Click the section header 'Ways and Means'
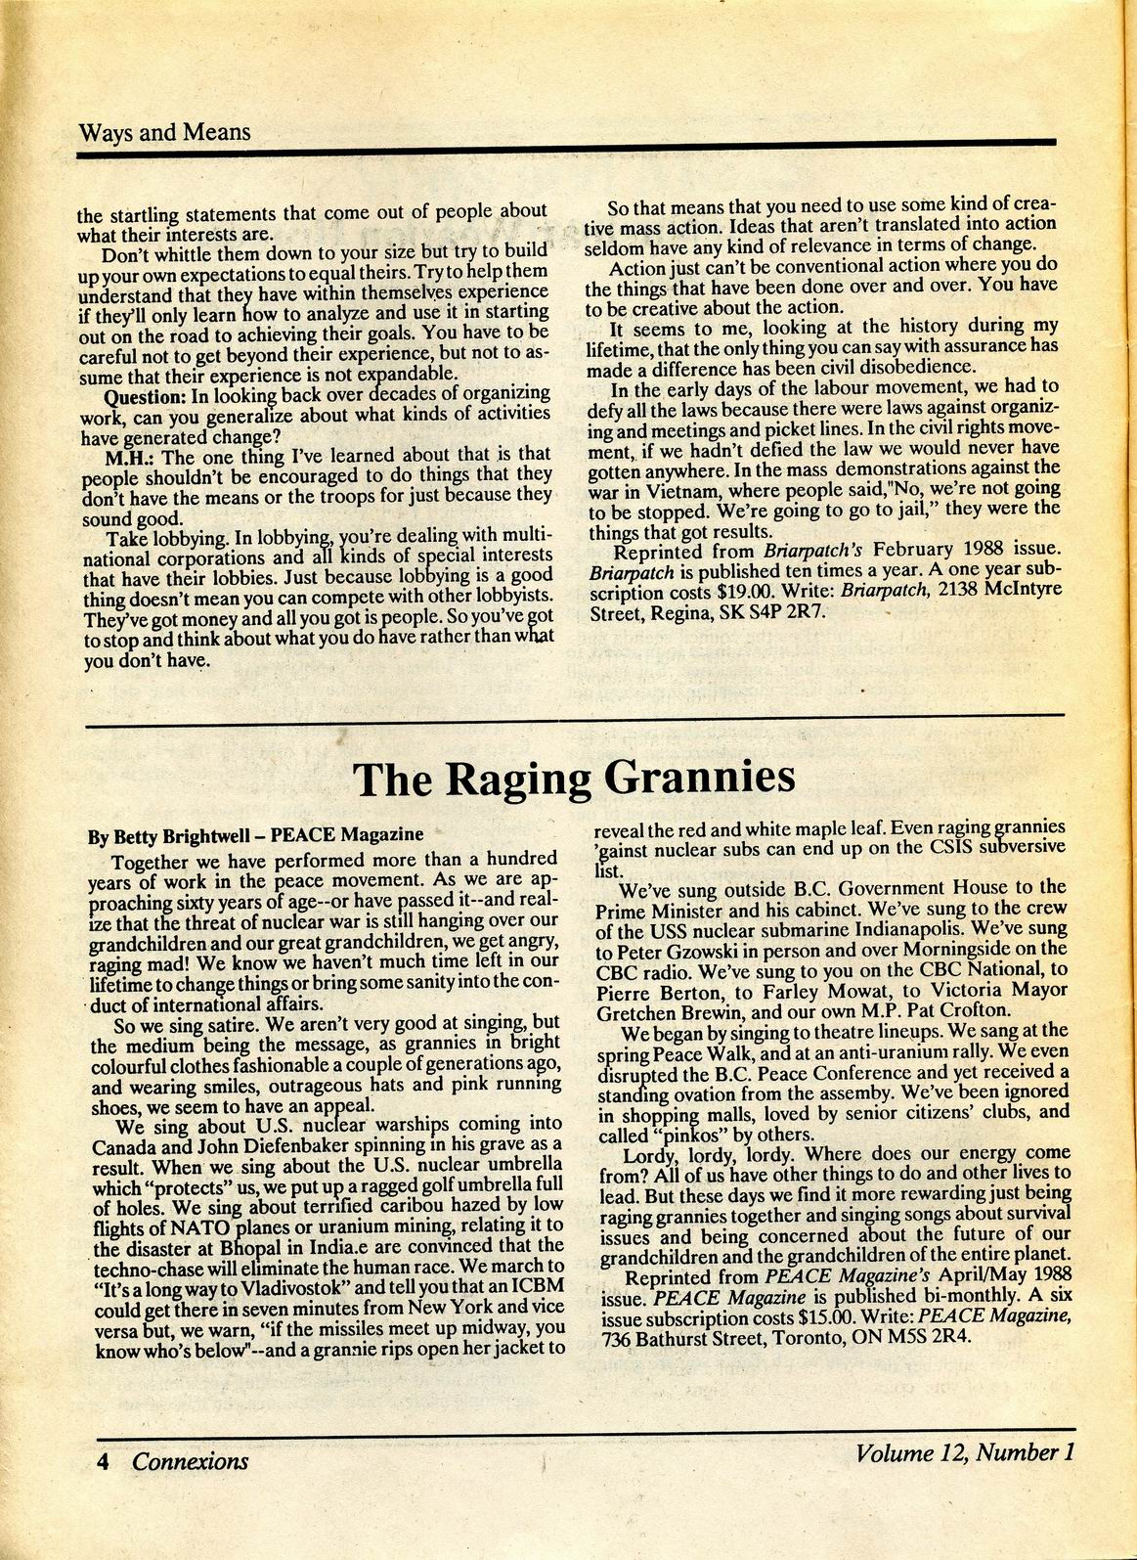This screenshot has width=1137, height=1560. (x=163, y=132)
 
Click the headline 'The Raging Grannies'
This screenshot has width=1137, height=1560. (x=572, y=779)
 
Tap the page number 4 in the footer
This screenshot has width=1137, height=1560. (x=101, y=1461)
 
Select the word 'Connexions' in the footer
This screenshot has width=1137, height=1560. (x=191, y=1461)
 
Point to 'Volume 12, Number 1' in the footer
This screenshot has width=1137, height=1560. (x=965, y=1452)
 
